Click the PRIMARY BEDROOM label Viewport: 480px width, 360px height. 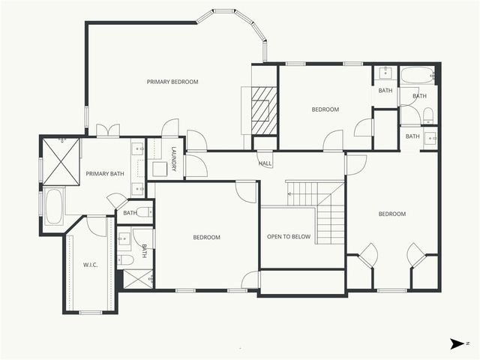(172, 82)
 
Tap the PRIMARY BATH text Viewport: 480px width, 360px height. (104, 174)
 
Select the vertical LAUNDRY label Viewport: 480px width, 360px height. (173, 158)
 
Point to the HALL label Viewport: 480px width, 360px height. (265, 163)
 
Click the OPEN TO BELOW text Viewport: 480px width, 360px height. (289, 237)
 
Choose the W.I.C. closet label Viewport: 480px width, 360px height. (90, 265)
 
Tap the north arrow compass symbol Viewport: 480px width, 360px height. (457, 343)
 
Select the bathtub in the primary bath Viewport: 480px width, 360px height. (54, 206)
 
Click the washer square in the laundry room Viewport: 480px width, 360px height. (160, 169)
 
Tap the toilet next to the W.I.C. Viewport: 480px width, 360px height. (126, 260)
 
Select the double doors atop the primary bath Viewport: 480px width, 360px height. (108, 131)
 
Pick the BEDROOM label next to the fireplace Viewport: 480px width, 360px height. (325, 109)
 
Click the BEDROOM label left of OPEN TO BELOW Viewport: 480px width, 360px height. (206, 238)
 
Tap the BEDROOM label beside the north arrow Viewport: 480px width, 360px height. (391, 214)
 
